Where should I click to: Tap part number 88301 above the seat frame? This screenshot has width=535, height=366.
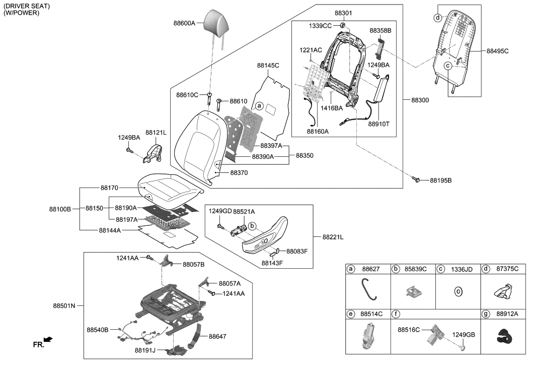point(344,14)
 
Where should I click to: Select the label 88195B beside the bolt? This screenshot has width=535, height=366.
point(441,180)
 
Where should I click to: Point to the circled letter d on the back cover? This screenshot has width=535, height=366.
point(438,18)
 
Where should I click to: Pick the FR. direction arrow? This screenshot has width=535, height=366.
point(48,341)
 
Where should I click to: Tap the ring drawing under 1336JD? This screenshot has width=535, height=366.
point(458,291)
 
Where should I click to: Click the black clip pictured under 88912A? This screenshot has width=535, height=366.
point(503,335)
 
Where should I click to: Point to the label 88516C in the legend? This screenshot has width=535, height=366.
point(408,330)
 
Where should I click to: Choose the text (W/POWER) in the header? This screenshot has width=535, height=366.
point(21,13)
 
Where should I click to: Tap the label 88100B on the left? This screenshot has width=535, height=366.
point(60,208)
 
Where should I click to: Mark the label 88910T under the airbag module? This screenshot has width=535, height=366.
point(378,123)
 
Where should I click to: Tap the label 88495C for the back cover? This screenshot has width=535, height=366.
point(498,51)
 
